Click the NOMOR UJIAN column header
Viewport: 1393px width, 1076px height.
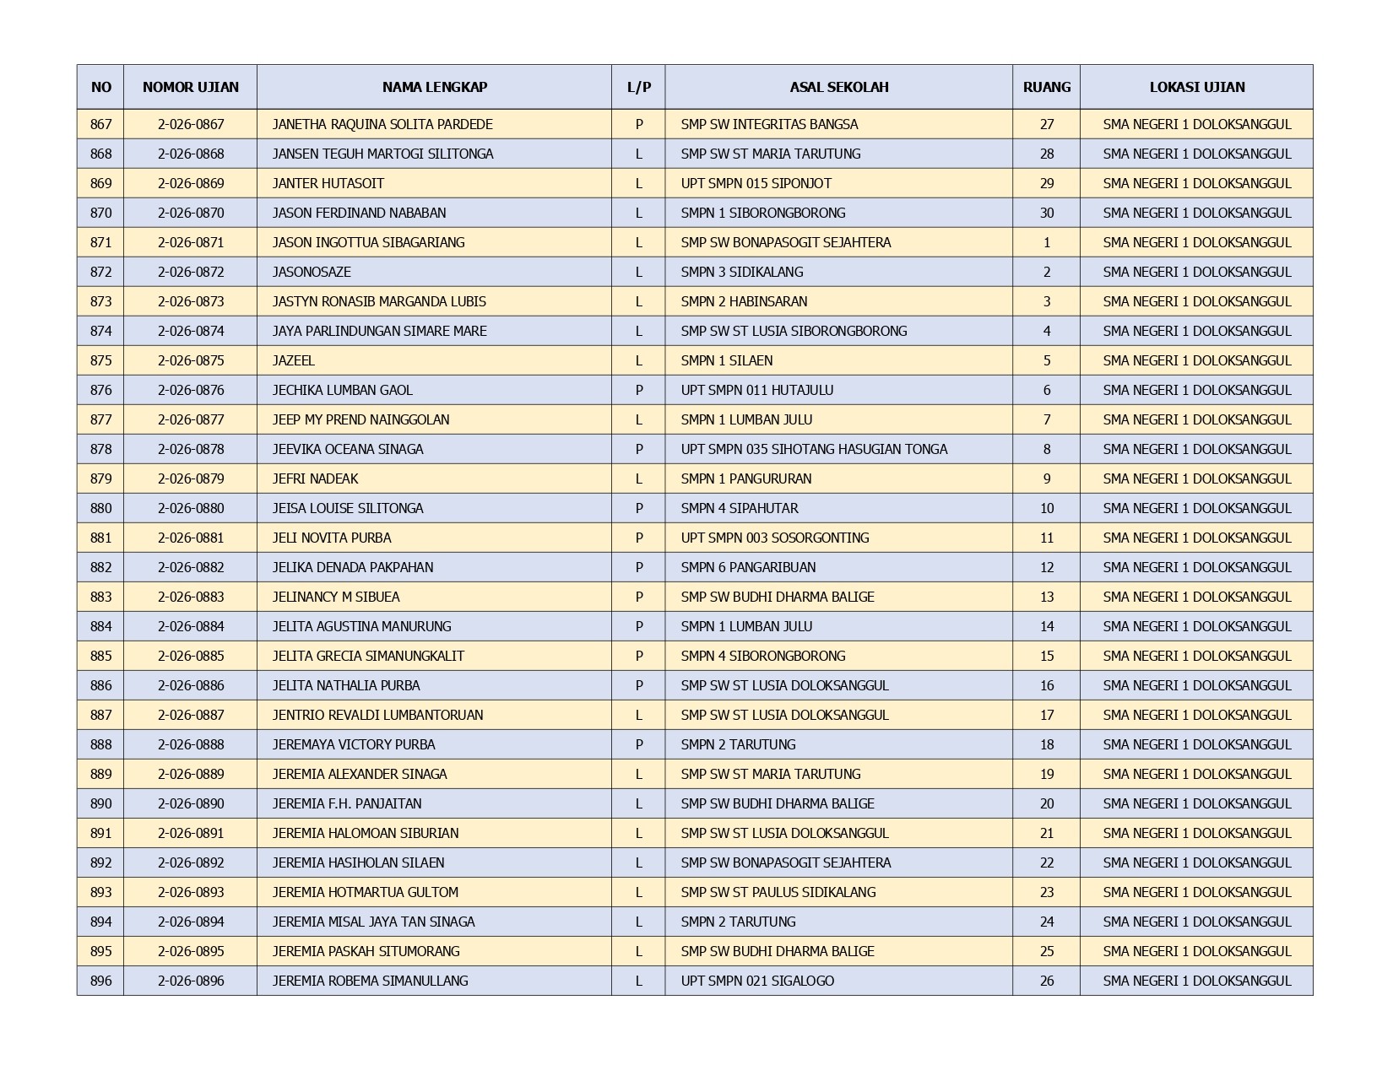click(190, 87)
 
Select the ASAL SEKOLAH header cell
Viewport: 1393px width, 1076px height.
click(838, 87)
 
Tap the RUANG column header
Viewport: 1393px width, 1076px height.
click(1046, 87)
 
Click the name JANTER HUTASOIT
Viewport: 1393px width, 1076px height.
click(328, 183)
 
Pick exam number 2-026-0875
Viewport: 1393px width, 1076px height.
click(191, 360)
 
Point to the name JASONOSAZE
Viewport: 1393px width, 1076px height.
click(312, 272)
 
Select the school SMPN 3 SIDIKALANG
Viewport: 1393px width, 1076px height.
click(741, 272)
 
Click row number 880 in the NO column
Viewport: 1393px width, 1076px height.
click(100, 508)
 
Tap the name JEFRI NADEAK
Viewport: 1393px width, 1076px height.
click(315, 479)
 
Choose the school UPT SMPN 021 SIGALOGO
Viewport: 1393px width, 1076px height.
click(757, 981)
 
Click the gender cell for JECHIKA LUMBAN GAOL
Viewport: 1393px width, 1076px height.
click(638, 390)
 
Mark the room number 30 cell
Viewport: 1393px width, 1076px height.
click(1046, 213)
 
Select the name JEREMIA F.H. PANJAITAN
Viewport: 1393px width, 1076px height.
click(347, 803)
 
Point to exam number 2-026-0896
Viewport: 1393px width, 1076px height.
click(191, 981)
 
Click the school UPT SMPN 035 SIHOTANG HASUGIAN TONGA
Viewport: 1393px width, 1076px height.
click(814, 449)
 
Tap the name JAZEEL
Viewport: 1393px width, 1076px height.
click(293, 360)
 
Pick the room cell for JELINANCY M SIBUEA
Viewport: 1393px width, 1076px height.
click(1046, 597)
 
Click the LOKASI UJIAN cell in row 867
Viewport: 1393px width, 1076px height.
click(1196, 124)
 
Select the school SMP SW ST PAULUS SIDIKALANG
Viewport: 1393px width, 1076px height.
click(778, 892)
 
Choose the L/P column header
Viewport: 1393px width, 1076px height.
click(638, 87)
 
